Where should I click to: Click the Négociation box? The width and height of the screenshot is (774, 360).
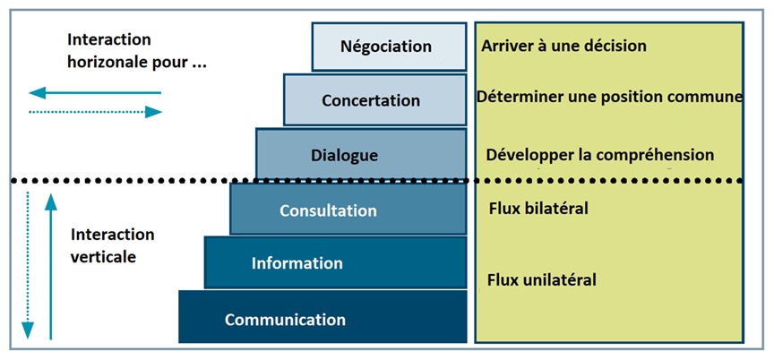[389, 47]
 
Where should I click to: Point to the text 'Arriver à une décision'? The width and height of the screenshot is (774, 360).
[563, 45]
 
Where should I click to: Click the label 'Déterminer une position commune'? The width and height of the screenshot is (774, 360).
[609, 97]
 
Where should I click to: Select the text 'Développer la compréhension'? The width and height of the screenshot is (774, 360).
[599, 155]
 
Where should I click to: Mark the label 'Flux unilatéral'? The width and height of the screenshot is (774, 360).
[541, 279]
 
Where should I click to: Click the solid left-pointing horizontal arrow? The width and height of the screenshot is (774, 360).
[94, 92]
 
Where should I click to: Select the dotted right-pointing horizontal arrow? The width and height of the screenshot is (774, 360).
[94, 112]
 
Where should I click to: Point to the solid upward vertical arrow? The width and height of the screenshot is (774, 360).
[51, 270]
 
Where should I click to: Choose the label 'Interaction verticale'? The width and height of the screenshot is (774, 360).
[111, 244]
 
